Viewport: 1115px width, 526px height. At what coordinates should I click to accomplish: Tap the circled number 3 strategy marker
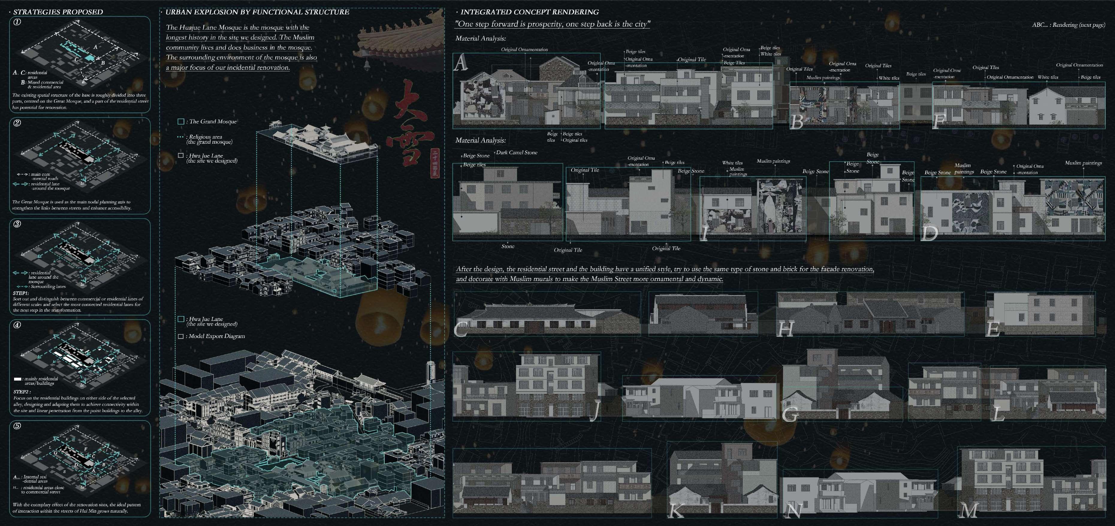pos(17,224)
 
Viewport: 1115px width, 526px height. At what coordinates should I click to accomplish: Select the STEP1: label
pos(21,293)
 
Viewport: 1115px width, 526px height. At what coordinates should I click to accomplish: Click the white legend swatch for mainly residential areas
pos(17,379)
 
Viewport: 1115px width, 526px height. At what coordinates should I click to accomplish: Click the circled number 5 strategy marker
pos(17,426)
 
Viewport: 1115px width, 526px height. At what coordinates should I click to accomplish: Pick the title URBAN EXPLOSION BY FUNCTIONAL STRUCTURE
pos(257,12)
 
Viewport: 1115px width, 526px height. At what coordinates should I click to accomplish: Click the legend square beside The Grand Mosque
pos(181,122)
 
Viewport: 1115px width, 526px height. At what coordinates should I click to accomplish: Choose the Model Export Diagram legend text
pos(216,336)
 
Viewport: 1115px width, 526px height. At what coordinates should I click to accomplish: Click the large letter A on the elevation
pos(461,64)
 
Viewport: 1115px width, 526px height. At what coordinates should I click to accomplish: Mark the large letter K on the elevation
pos(675,510)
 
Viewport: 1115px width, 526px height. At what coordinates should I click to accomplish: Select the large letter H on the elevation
pos(786,328)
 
